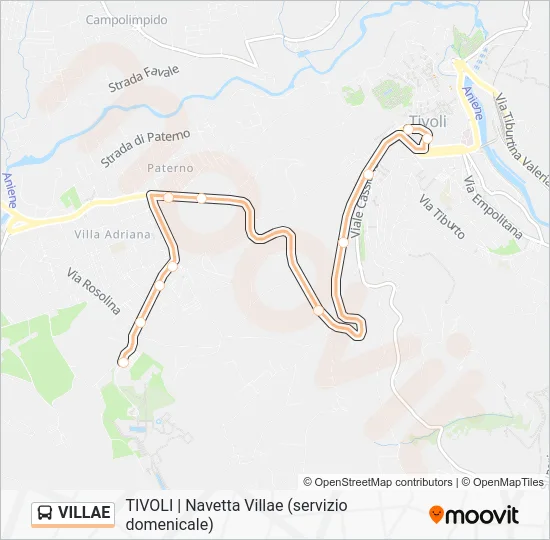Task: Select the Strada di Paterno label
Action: click(145, 148)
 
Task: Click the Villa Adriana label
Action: click(112, 234)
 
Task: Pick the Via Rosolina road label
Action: click(93, 291)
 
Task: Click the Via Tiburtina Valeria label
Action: click(521, 131)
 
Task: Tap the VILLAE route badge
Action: click(73, 513)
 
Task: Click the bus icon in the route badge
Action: click(46, 513)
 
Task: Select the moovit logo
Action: click(474, 515)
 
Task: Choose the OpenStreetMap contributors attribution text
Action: click(377, 482)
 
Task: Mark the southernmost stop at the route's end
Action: click(123, 361)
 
